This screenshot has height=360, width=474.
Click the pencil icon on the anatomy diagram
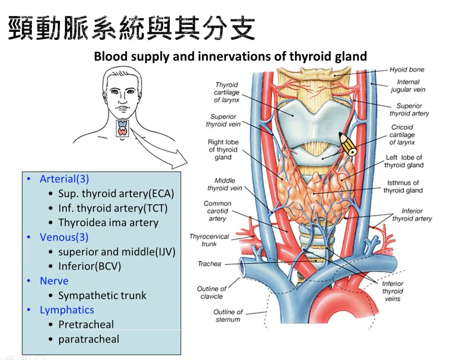click(x=348, y=145)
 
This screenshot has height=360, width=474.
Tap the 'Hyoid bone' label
click(x=407, y=70)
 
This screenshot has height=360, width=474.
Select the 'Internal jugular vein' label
click(x=408, y=86)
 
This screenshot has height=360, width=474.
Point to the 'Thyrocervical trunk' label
click(x=209, y=240)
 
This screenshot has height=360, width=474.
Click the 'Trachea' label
click(x=209, y=264)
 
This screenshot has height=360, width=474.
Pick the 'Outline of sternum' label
click(x=228, y=316)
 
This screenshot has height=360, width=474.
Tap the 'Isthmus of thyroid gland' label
click(x=403, y=186)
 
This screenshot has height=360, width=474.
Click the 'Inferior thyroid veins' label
click(x=392, y=291)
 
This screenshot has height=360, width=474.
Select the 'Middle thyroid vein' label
click(x=225, y=184)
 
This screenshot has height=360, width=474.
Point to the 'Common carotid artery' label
click(x=217, y=211)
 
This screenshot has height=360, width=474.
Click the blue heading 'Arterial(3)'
click(x=64, y=179)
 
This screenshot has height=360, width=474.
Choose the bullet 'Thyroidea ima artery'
click(x=108, y=223)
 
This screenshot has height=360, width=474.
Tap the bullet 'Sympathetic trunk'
click(x=102, y=295)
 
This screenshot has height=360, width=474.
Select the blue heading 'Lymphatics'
click(x=67, y=310)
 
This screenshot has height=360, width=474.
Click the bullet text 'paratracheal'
click(x=88, y=339)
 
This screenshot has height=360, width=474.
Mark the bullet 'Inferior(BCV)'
click(x=90, y=266)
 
